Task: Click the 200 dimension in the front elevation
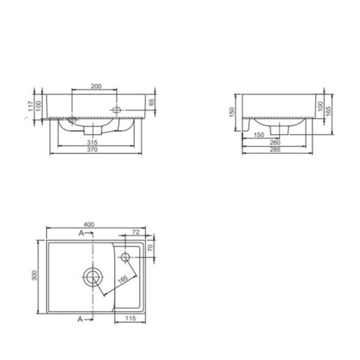(x=95, y=86)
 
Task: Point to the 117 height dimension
(x=31, y=106)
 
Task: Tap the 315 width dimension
(x=93, y=141)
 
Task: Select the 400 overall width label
(x=89, y=225)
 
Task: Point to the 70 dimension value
(x=151, y=248)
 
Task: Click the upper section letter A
(x=81, y=233)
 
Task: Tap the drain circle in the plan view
(x=92, y=277)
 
